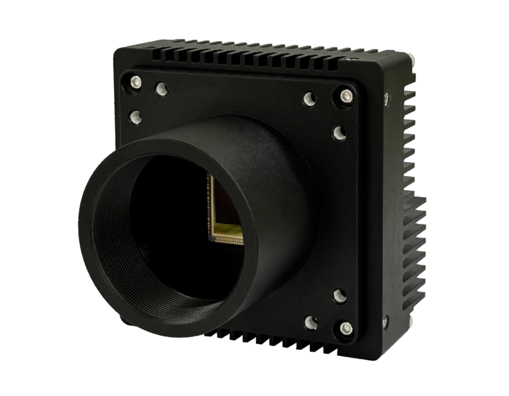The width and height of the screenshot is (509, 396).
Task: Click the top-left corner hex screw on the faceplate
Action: (x=136, y=80)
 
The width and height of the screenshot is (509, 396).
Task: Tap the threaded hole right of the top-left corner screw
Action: (x=161, y=88)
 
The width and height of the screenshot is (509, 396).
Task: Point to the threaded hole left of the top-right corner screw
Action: (x=309, y=100)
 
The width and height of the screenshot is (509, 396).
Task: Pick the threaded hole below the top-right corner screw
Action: (x=339, y=132)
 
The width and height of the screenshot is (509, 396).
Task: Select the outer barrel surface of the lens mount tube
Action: (x=271, y=170)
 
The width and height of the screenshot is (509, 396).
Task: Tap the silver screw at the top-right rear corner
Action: (x=411, y=60)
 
